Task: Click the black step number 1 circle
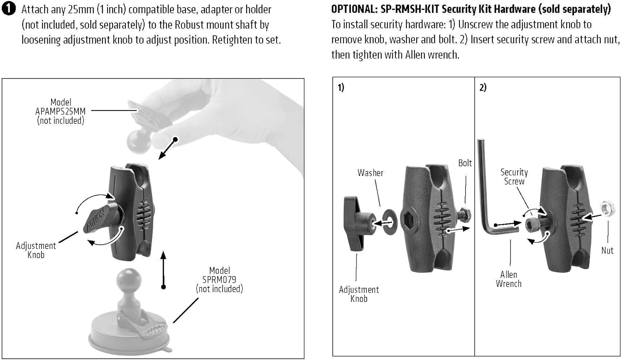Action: coord(9,10)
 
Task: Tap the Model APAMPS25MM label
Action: coord(61,111)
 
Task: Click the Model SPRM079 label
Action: coord(219,279)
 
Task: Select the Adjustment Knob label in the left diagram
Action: coord(36,250)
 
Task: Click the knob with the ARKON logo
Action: coord(100,216)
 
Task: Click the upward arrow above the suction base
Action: coord(164,269)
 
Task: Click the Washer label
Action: coord(370,173)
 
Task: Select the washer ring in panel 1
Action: coord(389,221)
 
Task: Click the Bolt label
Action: coord(465,163)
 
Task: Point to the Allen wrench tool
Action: coord(488,195)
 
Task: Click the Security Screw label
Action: coord(514,176)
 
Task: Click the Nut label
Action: coord(607,250)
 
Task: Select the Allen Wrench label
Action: coord(508,279)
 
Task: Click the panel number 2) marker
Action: coord(483,88)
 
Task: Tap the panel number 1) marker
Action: coord(341,88)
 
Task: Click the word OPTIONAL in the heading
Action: coord(353,9)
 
